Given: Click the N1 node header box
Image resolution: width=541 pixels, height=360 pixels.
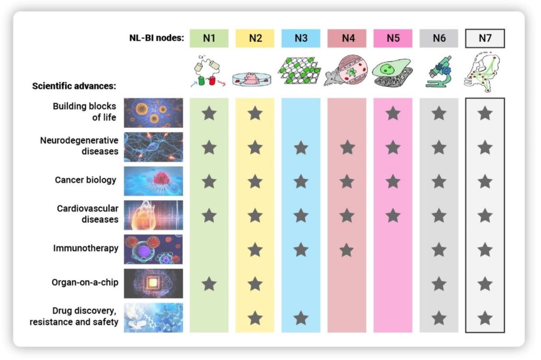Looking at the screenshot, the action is (x=209, y=38).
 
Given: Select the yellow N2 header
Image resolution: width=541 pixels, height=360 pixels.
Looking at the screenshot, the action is (x=255, y=38).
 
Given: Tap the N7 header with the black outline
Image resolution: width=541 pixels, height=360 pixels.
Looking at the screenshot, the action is (x=485, y=38).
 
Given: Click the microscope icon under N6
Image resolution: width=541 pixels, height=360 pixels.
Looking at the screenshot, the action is (x=438, y=71).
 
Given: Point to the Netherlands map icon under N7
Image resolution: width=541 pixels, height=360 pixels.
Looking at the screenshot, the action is (x=483, y=71).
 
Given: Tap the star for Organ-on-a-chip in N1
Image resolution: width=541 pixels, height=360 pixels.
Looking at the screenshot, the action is (x=209, y=284).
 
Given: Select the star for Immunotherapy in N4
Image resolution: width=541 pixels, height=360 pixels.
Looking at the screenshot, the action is (x=347, y=250).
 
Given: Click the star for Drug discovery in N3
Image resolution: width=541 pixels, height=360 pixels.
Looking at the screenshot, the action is (x=301, y=318).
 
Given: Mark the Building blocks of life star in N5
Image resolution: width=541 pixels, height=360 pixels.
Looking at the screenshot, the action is (x=393, y=113).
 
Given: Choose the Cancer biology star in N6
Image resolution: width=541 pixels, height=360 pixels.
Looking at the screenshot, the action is (x=439, y=181).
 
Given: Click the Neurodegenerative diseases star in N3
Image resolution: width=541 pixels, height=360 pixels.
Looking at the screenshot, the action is (x=301, y=147).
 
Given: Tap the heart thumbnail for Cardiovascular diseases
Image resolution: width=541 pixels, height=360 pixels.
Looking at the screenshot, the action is (x=154, y=215).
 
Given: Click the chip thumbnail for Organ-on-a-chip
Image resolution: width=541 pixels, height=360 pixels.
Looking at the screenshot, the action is (x=154, y=283).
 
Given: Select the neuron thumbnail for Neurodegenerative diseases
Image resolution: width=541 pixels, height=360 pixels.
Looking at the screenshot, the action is (x=154, y=146).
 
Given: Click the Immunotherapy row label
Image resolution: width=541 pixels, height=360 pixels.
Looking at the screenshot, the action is (x=86, y=248).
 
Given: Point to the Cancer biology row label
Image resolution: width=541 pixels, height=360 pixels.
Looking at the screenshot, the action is (x=86, y=180).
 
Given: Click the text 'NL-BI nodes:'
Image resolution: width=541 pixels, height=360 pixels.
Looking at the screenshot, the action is (x=156, y=38).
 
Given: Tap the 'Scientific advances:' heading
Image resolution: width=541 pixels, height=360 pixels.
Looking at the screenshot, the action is (x=74, y=86).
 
